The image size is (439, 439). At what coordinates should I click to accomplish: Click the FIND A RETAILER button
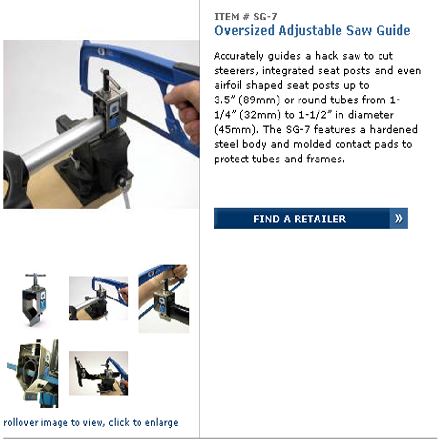[x=311, y=219]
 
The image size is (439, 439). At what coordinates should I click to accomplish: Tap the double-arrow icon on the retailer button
[x=399, y=219]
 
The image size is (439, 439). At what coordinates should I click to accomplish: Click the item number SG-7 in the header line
[x=265, y=17]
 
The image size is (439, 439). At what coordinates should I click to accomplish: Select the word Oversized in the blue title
[x=244, y=30]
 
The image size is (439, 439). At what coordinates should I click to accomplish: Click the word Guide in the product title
[x=393, y=30]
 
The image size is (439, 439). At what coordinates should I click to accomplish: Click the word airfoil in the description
[x=228, y=85]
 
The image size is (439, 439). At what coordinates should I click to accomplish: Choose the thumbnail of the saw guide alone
[x=35, y=299]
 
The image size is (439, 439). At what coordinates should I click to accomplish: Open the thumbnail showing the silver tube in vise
[x=99, y=299]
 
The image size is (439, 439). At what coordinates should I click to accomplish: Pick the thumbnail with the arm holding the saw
[x=163, y=299]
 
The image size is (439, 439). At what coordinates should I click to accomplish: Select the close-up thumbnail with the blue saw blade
[x=33, y=374]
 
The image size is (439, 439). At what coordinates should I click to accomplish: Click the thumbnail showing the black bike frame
[x=99, y=373]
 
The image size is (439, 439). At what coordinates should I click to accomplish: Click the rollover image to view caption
[x=91, y=422]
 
